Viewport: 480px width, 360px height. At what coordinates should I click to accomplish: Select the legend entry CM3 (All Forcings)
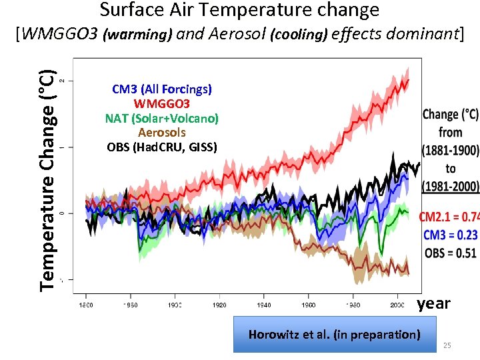coord(162,89)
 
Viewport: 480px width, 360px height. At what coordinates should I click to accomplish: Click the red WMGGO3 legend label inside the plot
coord(162,103)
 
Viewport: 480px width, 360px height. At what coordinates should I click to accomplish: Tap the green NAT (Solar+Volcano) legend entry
coord(162,118)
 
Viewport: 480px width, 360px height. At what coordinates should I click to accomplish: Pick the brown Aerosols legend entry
coord(162,133)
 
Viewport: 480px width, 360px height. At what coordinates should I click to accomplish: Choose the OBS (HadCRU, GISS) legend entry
coord(162,147)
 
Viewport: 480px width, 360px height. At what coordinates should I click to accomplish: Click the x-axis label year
coord(434,304)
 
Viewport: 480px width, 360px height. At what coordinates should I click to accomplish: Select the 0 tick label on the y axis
coord(62,213)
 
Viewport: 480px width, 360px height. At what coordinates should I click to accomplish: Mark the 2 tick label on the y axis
coord(62,81)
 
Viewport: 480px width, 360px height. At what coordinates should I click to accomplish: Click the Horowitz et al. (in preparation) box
coord(334,334)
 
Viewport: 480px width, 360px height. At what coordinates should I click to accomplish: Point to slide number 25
coord(447,345)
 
